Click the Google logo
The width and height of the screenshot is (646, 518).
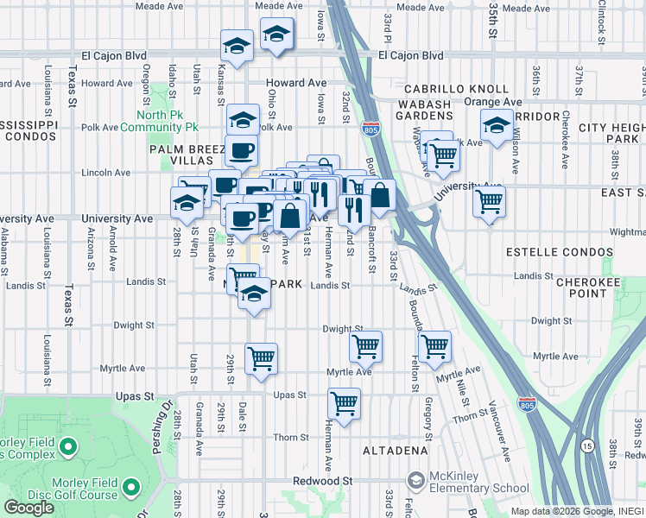pos(28,508)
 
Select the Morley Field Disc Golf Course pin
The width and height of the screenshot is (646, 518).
pos(131,489)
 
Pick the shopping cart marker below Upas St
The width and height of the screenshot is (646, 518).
pos(345,402)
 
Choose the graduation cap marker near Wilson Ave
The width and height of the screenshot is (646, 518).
pos(497,127)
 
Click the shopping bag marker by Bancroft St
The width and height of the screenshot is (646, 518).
pos(379,194)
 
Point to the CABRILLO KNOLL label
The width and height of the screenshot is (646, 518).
pos(465,89)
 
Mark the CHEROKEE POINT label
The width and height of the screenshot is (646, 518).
pos(593,287)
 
